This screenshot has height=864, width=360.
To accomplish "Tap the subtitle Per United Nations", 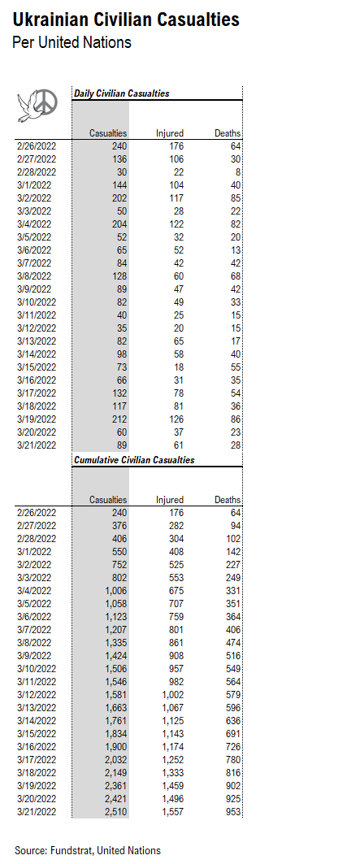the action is (x=72, y=42).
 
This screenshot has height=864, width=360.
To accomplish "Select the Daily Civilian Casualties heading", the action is (x=122, y=93).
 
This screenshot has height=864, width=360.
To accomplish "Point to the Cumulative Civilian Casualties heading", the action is (x=134, y=460).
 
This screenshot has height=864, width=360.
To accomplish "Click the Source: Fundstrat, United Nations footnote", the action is (x=88, y=850).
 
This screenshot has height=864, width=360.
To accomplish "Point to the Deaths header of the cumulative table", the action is (x=228, y=500).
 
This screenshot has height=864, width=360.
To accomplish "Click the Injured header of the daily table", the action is (x=170, y=133).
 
